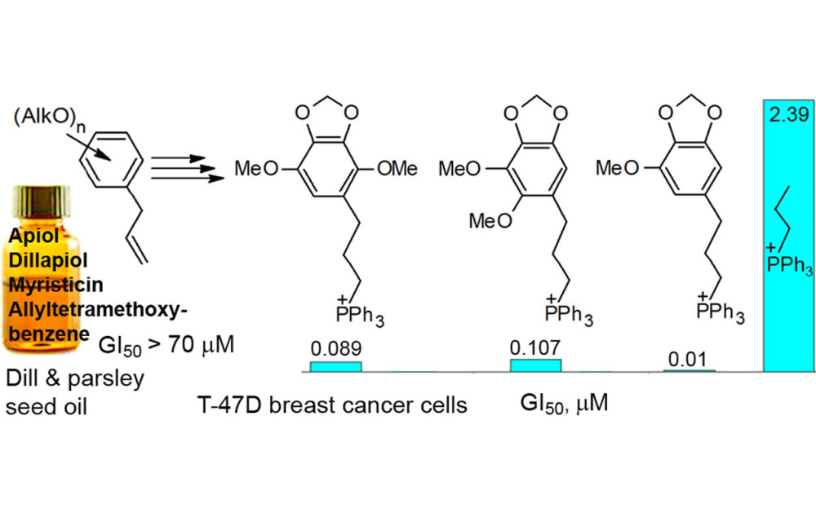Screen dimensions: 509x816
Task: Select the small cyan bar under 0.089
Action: coord(335,366)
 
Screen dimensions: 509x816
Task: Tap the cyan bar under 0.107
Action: coord(535,365)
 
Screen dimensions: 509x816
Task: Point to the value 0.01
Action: coord(688,359)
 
